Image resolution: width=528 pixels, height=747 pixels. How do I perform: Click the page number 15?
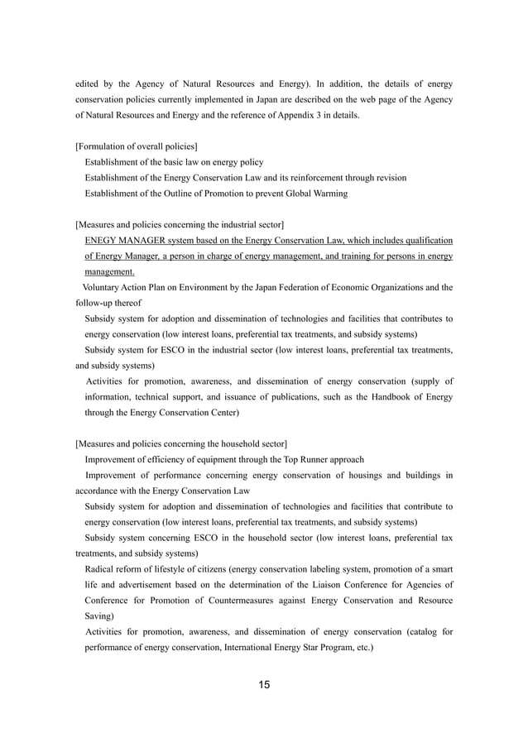pyautogui.click(x=264, y=684)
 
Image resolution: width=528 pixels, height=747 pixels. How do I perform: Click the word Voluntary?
pyautogui.click(x=103, y=288)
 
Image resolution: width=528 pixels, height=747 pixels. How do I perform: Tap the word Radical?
pyautogui.click(x=102, y=570)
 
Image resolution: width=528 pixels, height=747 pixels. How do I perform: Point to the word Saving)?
pyautogui.click(x=99, y=617)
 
